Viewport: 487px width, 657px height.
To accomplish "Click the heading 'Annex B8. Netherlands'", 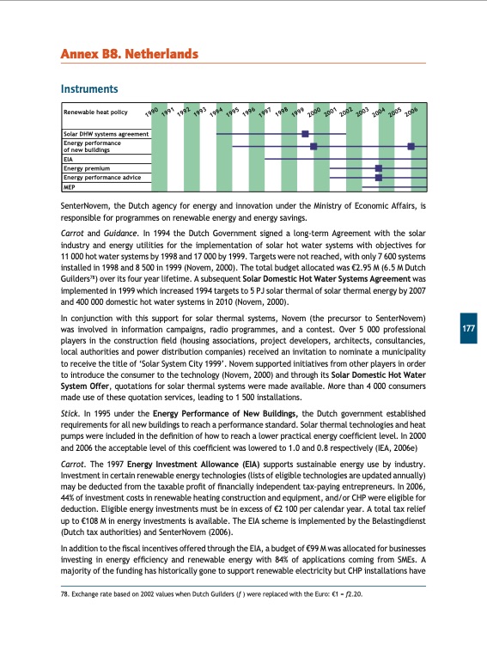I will (129, 55).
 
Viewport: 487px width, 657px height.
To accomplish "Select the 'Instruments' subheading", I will (88, 88).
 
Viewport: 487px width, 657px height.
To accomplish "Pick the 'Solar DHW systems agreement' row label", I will (106, 134).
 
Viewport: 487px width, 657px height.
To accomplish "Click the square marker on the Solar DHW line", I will (306, 134).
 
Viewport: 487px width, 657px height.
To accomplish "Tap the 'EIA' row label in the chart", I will (69, 159).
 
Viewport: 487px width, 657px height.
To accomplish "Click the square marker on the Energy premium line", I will (378, 168).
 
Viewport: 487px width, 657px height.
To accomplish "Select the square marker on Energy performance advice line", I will (378, 178).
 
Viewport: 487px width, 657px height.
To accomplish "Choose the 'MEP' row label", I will (70, 186).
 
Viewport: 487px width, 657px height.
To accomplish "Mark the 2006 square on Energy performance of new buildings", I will (411, 146).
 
